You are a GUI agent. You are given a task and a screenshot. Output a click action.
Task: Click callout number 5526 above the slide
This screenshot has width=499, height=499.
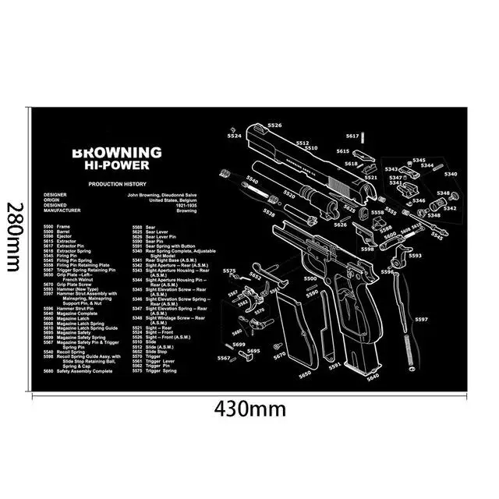pyautogui.click(x=274, y=126)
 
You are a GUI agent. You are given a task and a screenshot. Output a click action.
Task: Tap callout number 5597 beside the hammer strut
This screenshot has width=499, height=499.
pyautogui.click(x=421, y=320)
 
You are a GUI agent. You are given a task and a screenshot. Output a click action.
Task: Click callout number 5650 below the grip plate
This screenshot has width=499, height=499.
pyautogui.click(x=305, y=374)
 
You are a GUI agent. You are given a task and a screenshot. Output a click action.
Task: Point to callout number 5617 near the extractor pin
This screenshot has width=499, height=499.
pyautogui.click(x=352, y=136)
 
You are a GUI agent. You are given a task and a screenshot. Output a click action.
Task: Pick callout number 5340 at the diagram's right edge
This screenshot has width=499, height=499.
pyautogui.click(x=451, y=174)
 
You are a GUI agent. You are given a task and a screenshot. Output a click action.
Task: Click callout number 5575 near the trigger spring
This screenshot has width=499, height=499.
pyautogui.click(x=229, y=271)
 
